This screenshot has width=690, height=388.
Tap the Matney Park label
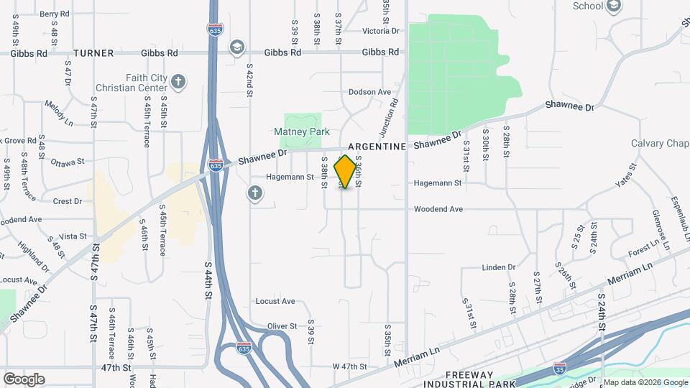pos(302,131)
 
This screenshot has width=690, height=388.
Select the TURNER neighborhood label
pos(94,53)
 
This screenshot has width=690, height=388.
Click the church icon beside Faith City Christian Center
pos(178,81)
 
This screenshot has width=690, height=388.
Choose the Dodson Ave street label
pos(369,92)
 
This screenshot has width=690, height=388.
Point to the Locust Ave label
pos(275,301)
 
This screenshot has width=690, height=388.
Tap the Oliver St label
pos(282,326)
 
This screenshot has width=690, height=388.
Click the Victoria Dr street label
pos(381,31)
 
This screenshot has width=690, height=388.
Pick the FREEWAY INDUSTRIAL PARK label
pos(480,379)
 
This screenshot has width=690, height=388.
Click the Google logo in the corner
pos(24,379)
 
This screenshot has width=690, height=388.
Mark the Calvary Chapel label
pos(660,143)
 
